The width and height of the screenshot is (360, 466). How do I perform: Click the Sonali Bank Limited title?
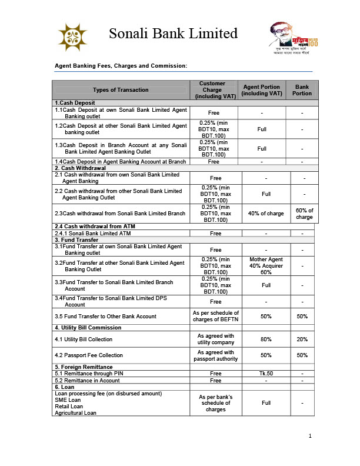(x=173, y=33)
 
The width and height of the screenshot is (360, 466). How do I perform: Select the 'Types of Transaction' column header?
(x=121, y=90)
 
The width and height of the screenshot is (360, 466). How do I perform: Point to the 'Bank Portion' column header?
(x=302, y=90)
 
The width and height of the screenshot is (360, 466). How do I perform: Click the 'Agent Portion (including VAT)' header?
(x=261, y=90)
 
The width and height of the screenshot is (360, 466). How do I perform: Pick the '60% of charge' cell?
(x=304, y=214)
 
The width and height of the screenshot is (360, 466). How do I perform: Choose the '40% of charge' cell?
(x=261, y=214)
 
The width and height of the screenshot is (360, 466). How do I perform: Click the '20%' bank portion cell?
(x=302, y=339)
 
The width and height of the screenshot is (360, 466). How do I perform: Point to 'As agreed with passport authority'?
(x=216, y=355)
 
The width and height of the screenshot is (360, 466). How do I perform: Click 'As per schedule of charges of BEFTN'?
(x=216, y=316)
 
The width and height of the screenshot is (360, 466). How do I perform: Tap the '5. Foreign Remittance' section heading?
(x=84, y=367)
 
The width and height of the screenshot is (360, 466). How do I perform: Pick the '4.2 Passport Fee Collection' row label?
(x=89, y=355)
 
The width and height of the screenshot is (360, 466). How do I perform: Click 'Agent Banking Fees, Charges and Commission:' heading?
(x=121, y=66)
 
